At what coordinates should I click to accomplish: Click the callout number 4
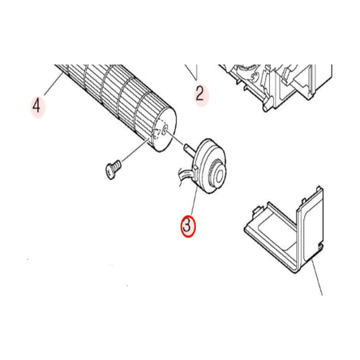37,105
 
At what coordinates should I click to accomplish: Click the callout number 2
200,93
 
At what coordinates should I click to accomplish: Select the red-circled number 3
188,226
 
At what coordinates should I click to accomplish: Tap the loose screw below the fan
112,170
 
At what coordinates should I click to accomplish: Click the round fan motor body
209,166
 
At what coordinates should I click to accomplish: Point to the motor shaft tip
186,146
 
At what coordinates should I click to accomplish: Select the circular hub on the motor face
217,175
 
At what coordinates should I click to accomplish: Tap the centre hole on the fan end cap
164,129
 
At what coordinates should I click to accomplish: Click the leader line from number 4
53,84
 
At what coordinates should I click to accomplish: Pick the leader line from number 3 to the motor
194,199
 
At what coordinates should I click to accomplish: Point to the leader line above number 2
192,72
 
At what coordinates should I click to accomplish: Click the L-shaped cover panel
284,230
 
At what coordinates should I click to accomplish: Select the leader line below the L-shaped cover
317,277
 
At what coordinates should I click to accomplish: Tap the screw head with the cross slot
110,171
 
